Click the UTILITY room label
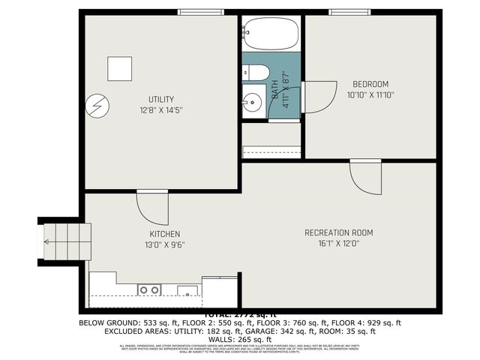(x=161, y=99)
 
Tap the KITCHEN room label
(x=164, y=234)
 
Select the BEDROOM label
(x=370, y=84)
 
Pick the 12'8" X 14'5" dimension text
(x=161, y=110)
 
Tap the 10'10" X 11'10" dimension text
(x=370, y=95)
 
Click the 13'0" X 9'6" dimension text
(x=164, y=244)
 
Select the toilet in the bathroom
(x=256, y=73)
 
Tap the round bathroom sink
(x=252, y=98)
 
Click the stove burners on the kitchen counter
(x=148, y=289)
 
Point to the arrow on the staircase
(x=48, y=241)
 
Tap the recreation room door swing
(x=365, y=176)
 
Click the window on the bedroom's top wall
(x=352, y=11)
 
